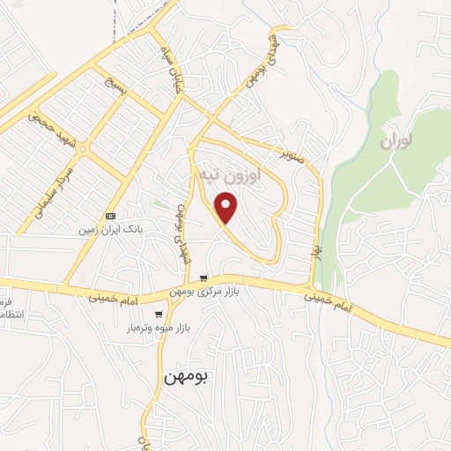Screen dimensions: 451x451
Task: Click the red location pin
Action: (227, 207)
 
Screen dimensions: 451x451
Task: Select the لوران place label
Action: (398, 141)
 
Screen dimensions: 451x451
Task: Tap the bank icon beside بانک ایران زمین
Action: (110, 216)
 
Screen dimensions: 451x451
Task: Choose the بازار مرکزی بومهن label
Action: (205, 292)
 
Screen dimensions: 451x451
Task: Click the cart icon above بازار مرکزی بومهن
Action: (204, 277)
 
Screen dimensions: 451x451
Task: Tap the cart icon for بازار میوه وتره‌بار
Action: (159, 314)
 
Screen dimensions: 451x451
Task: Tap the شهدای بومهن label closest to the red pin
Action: (182, 232)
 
